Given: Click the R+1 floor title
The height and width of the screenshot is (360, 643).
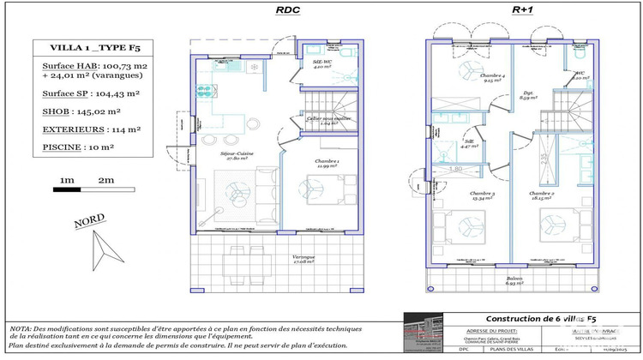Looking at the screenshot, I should tap(522, 10).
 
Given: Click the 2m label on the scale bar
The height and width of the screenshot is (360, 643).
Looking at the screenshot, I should tap(106, 181).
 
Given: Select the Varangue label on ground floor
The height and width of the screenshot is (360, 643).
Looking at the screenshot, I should tap(303, 259).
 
